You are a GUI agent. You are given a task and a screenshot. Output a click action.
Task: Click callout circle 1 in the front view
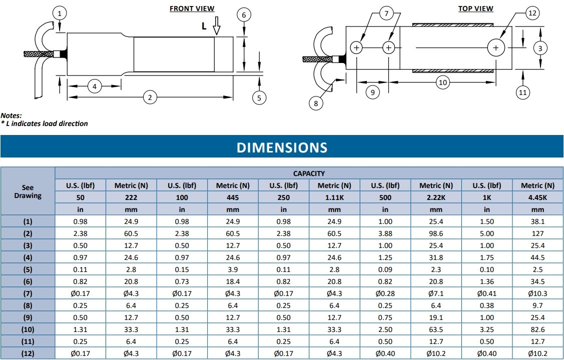pyautogui.click(x=60, y=13)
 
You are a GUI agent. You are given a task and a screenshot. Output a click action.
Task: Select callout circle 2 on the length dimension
pyautogui.click(x=149, y=97)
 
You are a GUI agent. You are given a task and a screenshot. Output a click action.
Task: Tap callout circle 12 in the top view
pyautogui.click(x=532, y=13)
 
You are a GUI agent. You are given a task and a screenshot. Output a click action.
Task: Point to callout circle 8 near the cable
pyautogui.click(x=316, y=103)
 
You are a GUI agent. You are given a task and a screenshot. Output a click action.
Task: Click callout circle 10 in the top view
pyautogui.click(x=442, y=82)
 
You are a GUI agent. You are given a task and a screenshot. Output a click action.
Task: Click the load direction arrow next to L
pyautogui.click(x=216, y=26)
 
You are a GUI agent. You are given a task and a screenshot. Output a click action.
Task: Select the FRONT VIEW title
pyautogui.click(x=192, y=8)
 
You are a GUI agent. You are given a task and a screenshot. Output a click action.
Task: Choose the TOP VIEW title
pyautogui.click(x=475, y=8)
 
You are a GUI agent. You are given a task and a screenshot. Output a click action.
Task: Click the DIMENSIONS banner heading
pyautogui.click(x=282, y=147)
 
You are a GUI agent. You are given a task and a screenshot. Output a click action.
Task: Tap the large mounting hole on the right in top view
pyautogui.click(x=495, y=48)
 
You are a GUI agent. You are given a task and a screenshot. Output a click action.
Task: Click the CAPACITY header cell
pyautogui.click(x=309, y=173)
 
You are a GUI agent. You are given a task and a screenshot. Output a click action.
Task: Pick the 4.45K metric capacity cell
pyautogui.click(x=538, y=197)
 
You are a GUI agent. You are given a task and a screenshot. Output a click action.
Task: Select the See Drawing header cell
pyautogui.click(x=28, y=191)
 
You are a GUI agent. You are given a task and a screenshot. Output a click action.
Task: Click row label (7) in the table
pyautogui.click(x=28, y=293)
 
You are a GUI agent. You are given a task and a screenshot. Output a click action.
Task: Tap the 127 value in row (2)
pyautogui.click(x=538, y=233)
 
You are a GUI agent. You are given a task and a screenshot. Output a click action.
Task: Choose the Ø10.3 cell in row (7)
pyautogui.click(x=538, y=293)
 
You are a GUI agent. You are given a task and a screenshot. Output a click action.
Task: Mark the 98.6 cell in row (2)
pyautogui.click(x=436, y=233)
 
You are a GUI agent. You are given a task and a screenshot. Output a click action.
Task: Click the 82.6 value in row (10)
pyautogui.click(x=538, y=329)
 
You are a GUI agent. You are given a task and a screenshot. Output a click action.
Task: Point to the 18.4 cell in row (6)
pyautogui.click(x=233, y=281)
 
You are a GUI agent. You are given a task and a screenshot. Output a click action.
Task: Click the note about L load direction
pyautogui.click(x=45, y=123)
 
